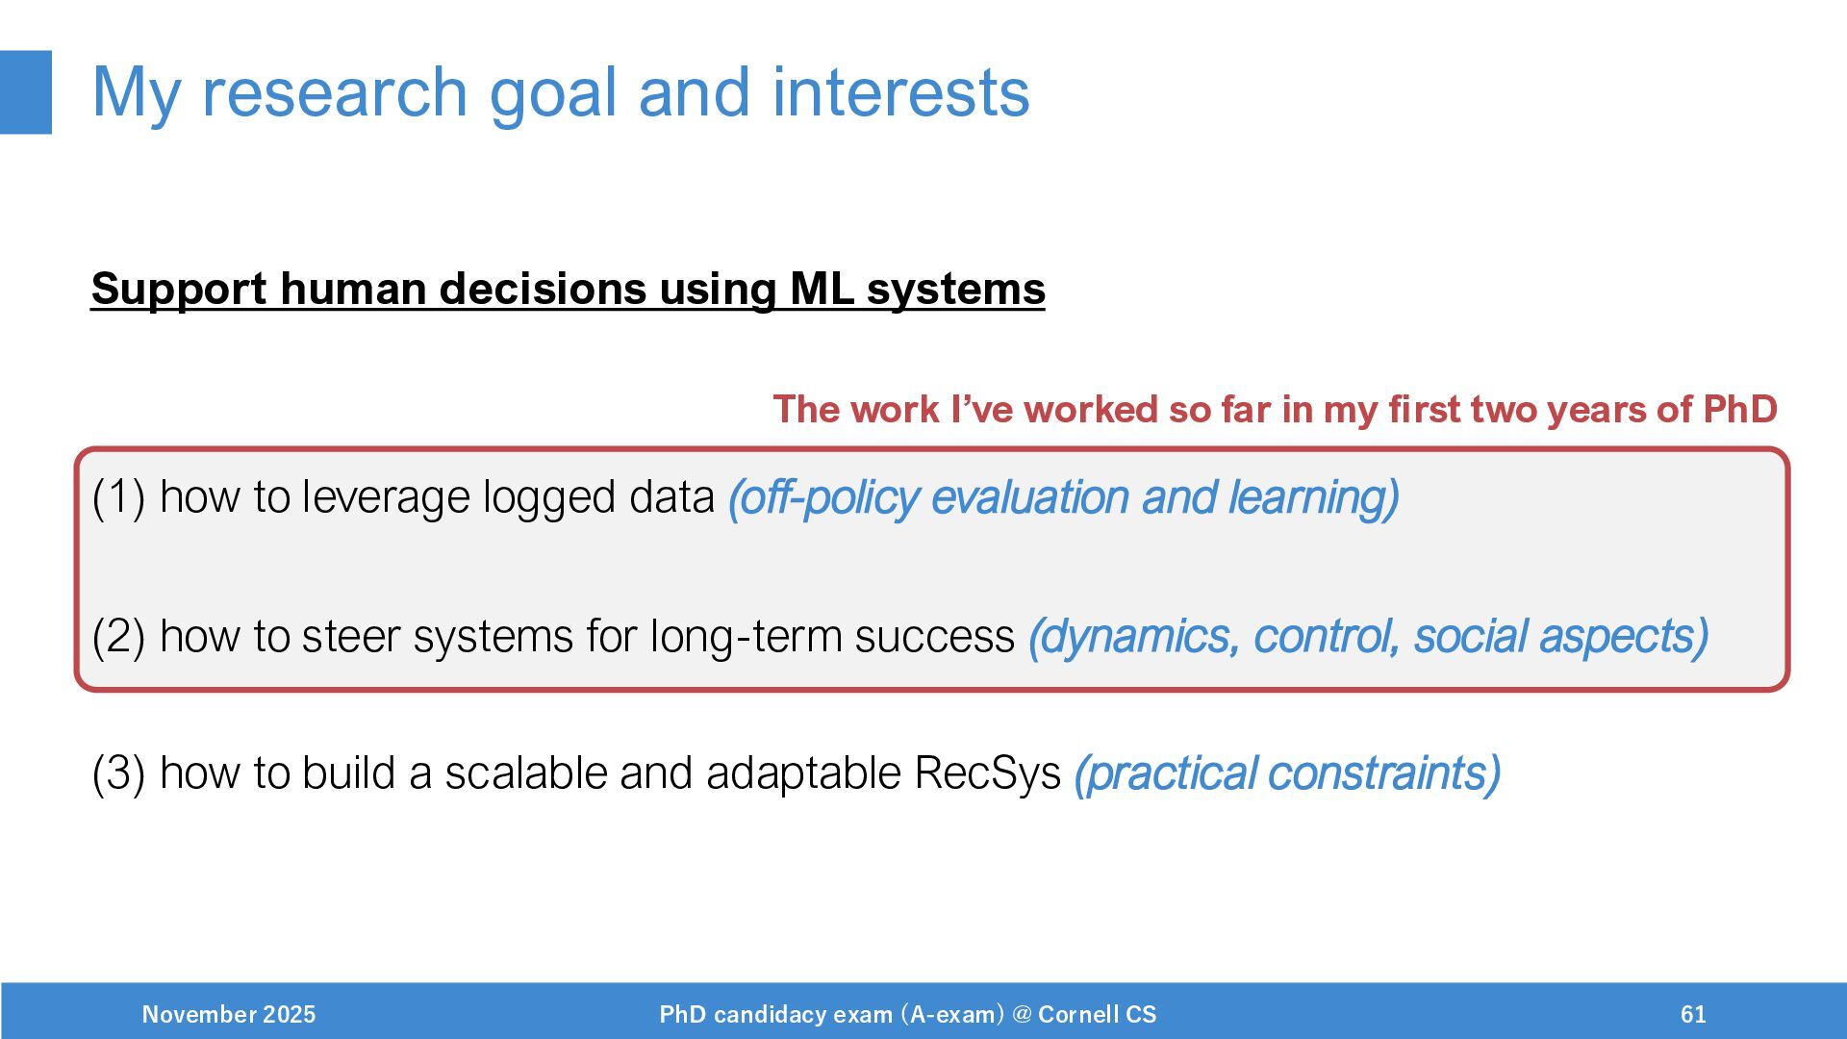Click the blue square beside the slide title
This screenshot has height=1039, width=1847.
click(25, 92)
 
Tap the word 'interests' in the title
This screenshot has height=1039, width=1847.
click(900, 92)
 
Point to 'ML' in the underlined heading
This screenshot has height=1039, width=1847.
click(822, 289)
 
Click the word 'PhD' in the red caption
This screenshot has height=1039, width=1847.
click(1740, 410)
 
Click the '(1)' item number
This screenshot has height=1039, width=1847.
click(118, 497)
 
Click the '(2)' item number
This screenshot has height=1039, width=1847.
click(118, 636)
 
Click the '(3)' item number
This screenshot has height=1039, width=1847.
click(118, 773)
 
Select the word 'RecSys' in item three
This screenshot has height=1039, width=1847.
click(987, 774)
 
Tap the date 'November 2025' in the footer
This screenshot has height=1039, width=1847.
click(229, 1014)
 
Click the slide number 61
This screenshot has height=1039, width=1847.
click(1693, 1014)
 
